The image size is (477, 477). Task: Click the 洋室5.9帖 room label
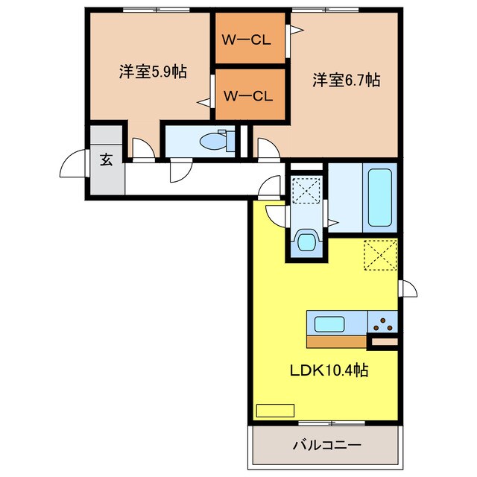click(x=153, y=72)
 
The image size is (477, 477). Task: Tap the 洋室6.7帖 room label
click(x=346, y=80)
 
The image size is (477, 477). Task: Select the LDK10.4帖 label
click(x=329, y=370)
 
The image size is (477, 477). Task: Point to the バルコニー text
click(x=327, y=446)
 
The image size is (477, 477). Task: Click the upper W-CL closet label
click(x=247, y=40)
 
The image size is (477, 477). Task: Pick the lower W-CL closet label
click(x=248, y=96)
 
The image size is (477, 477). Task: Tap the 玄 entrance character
click(x=107, y=159)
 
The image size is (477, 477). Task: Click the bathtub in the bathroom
click(x=379, y=198)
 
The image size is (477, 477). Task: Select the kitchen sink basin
click(x=329, y=324)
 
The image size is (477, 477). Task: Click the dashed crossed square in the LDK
click(x=381, y=255)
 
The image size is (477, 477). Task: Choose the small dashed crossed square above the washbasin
click(x=306, y=191)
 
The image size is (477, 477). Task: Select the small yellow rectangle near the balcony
click(x=275, y=411)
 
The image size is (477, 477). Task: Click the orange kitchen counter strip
click(x=336, y=341)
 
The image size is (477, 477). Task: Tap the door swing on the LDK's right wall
click(x=409, y=288)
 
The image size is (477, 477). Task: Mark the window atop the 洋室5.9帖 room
click(x=156, y=10)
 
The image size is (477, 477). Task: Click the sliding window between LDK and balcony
click(x=332, y=423)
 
